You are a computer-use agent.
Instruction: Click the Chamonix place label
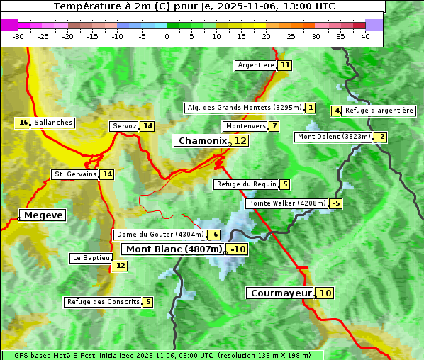coord(202,141)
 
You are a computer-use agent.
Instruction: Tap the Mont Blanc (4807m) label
coord(174,249)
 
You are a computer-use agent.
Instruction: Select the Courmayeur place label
coord(281,293)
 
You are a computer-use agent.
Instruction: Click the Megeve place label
coord(43,215)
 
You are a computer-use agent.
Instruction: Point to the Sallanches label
coord(53,123)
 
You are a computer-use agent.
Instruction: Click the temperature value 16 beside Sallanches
coord(23,123)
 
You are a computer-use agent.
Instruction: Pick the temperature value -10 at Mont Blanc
coord(238,249)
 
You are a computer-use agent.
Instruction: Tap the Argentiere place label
coord(256,65)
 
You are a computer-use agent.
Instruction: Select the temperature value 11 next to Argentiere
coord(285,65)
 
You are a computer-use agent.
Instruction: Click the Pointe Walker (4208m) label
coord(287,203)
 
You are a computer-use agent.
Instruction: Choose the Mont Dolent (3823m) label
coord(334,137)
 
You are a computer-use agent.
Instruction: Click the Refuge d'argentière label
coord(379,111)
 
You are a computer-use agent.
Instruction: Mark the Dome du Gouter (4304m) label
coord(160,235)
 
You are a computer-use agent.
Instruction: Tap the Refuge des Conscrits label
coord(103,302)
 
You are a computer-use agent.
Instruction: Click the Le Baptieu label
coord(91,258)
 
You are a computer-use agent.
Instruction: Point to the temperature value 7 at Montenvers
coord(274,126)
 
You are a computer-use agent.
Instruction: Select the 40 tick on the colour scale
coord(365,36)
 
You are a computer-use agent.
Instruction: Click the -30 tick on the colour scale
coord(18,36)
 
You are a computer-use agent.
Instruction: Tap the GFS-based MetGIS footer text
coord(162,355)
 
